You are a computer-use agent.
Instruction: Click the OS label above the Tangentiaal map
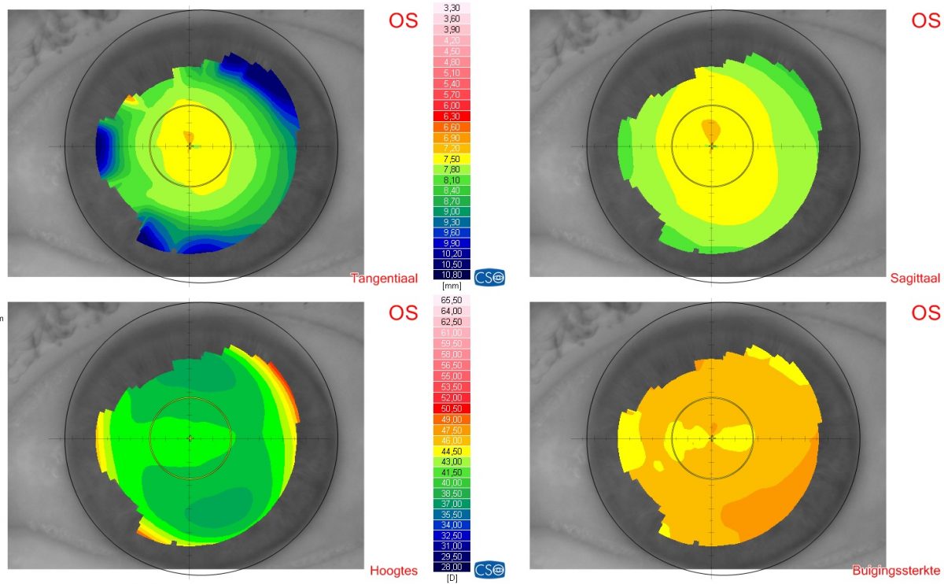coord(404,20)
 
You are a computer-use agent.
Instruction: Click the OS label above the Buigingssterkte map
coord(925,312)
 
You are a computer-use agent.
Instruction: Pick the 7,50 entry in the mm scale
coord(452,158)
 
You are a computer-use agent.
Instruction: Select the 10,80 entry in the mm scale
coord(452,275)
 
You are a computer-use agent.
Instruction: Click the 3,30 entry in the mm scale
coord(452,8)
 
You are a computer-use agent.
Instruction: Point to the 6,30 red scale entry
coord(452,116)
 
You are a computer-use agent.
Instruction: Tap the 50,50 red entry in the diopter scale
coord(452,408)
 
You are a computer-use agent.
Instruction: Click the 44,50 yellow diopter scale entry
coord(452,450)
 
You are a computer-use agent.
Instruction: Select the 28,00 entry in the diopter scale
coord(452,567)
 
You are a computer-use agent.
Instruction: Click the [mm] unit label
coord(452,286)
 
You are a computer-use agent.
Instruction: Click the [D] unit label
coord(452,578)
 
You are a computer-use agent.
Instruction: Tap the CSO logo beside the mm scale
coord(490,276)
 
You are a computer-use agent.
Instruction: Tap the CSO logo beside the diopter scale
coord(490,568)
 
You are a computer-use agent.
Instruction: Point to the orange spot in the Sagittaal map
coord(710,130)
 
